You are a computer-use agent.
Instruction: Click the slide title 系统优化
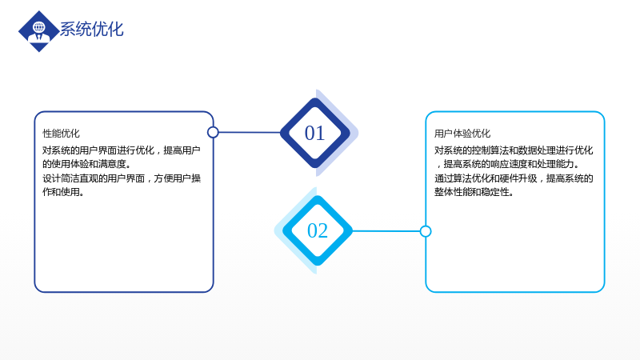click(92, 30)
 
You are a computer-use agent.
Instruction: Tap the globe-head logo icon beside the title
click(39, 31)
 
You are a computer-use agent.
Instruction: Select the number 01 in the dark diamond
click(314, 133)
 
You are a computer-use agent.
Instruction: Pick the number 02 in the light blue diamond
click(317, 230)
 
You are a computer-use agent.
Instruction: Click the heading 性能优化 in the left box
click(62, 134)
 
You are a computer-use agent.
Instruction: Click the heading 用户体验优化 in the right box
click(462, 134)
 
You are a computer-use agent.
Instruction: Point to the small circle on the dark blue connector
click(213, 132)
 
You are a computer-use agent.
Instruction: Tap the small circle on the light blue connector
click(426, 231)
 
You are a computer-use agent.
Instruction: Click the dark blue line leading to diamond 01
click(250, 132)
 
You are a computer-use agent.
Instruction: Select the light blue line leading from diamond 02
click(386, 231)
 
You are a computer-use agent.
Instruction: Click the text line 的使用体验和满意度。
click(86, 164)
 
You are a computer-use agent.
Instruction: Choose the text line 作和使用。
click(63, 192)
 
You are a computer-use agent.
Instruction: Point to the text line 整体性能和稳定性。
click(474, 192)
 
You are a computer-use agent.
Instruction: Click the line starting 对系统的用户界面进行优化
click(122, 150)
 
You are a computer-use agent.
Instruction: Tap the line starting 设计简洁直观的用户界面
click(122, 178)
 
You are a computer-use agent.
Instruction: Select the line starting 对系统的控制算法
click(514, 150)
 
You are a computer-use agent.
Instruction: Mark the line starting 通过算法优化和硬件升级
click(514, 178)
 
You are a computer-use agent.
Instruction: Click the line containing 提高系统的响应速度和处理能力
click(508, 164)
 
